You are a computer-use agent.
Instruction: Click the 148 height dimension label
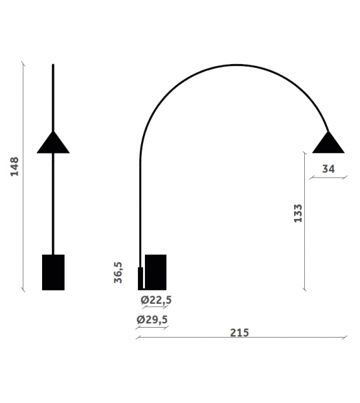tap(15, 167)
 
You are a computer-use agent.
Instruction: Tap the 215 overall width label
tap(239, 332)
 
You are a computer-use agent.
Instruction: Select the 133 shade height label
tap(298, 213)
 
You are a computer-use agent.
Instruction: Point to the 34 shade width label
tap(328, 168)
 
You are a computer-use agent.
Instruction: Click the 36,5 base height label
tap(118, 273)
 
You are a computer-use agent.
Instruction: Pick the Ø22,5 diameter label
tap(156, 300)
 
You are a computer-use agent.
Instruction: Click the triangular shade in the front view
tap(53, 144)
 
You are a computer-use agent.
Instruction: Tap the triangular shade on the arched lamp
tap(329, 144)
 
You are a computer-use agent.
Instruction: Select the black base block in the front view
tap(53, 272)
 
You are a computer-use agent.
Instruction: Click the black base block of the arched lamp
tap(155, 272)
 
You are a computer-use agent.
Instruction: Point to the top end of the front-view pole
tap(53, 65)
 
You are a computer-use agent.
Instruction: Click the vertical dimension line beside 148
tap(23, 176)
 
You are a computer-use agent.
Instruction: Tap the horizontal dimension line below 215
tap(241, 339)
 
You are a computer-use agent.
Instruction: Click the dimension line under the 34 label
tap(328, 178)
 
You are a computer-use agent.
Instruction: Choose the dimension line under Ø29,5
tap(152, 328)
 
